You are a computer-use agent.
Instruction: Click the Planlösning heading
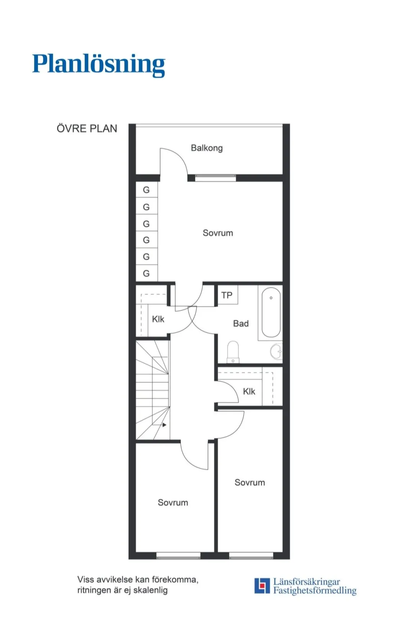click(98, 64)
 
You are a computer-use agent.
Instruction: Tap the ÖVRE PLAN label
click(87, 129)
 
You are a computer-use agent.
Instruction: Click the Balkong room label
click(207, 148)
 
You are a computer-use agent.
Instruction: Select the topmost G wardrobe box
click(146, 190)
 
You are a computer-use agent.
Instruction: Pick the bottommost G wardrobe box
click(146, 274)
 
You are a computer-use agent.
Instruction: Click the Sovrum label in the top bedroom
click(218, 233)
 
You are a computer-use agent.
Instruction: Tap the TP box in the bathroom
click(227, 295)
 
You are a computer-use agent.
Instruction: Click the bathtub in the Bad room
click(271, 312)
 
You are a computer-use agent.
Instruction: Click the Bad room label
click(241, 324)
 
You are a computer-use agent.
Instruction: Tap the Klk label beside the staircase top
click(158, 319)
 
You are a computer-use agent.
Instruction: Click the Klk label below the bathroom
click(249, 391)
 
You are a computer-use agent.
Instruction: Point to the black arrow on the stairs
click(164, 425)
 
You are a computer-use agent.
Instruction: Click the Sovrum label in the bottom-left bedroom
click(173, 503)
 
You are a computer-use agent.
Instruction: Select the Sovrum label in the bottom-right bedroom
click(250, 482)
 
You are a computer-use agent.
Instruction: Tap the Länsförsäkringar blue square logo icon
click(262, 585)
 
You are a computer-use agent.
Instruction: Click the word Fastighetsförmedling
click(315, 590)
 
